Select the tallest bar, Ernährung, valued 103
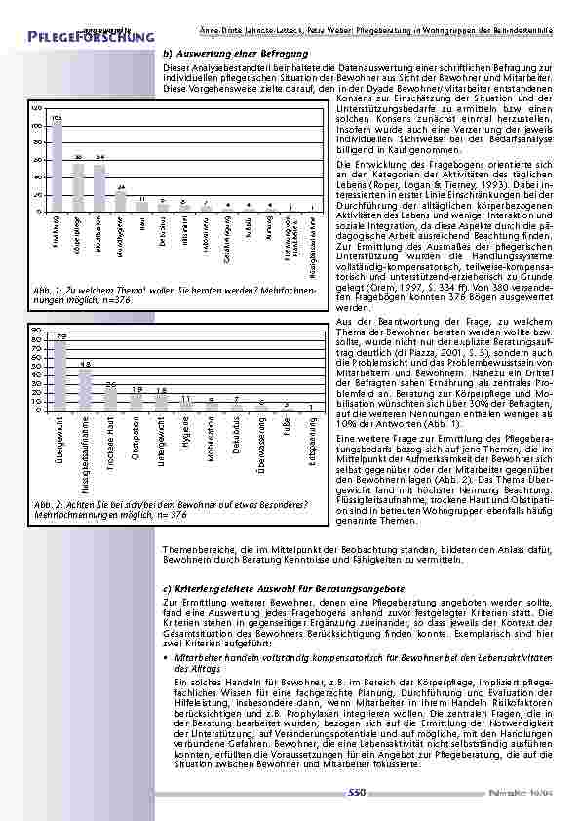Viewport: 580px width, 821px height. point(58,168)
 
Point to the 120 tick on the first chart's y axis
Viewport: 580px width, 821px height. point(35,109)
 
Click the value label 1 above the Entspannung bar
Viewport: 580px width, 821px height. point(311,405)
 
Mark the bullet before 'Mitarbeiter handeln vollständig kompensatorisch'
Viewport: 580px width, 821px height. point(167,660)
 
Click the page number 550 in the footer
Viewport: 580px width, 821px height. point(356,795)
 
